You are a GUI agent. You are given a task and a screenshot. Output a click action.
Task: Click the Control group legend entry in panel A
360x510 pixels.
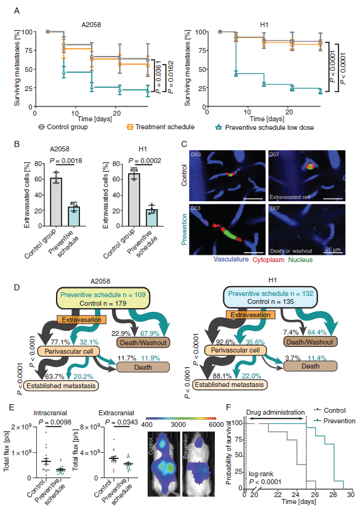63,127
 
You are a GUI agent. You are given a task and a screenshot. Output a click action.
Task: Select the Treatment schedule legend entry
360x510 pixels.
161,127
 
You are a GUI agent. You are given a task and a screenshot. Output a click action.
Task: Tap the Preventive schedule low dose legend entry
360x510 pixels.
265,127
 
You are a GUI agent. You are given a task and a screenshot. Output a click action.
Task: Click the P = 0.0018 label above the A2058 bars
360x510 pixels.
66,161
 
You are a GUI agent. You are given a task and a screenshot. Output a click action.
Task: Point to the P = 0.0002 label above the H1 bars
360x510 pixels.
145,161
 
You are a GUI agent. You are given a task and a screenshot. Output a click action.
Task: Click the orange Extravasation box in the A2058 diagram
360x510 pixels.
81,319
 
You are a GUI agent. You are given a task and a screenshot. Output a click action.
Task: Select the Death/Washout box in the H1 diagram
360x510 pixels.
310,342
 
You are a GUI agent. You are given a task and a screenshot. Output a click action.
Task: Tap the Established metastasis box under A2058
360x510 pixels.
61,386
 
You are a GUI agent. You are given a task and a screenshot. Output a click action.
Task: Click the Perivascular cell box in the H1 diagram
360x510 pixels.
235,350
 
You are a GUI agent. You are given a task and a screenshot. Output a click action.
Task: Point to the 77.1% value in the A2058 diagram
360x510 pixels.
60,342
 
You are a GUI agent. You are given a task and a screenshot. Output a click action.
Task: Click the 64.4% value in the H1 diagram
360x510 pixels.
317,332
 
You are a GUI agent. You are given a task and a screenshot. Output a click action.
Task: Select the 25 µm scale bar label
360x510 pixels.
333,250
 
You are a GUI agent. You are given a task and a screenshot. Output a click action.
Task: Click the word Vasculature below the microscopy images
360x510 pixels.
231,260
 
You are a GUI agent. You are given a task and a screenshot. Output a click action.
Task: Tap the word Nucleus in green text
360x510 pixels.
300,260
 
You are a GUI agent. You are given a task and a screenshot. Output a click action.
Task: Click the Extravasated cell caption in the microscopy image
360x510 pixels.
290,197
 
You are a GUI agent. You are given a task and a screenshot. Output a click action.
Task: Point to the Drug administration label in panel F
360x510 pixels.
275,412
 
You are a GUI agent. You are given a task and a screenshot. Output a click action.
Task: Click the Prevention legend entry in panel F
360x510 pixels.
335,421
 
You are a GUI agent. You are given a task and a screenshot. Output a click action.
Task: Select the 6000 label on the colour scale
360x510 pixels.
217,424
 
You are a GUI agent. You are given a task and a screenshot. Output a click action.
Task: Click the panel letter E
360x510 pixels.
12,407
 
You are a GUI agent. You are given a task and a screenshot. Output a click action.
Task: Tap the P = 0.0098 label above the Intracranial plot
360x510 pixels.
55,422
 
